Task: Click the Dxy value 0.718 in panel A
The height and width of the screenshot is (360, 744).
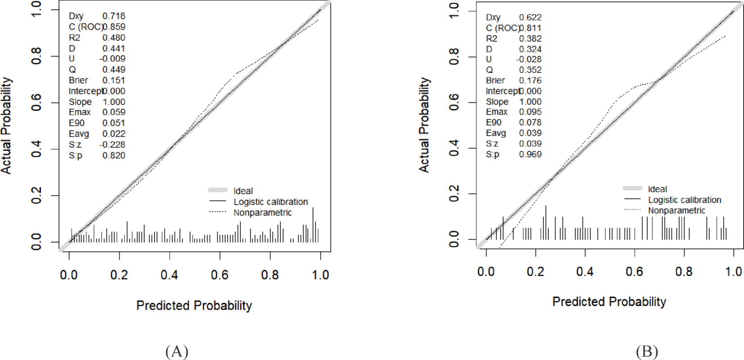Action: coord(114,16)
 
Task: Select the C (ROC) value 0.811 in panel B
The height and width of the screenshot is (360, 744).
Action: coord(530,28)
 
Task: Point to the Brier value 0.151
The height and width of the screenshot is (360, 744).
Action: coord(114,80)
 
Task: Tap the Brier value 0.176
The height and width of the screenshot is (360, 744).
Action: coord(530,80)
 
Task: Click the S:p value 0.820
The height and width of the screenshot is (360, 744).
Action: coord(114,156)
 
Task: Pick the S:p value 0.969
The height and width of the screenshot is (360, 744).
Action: coord(530,154)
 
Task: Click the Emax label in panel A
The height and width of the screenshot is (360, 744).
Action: coord(80,112)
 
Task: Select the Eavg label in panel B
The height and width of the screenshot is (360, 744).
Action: coord(496,133)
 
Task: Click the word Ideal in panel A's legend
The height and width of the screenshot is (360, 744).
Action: coord(243,191)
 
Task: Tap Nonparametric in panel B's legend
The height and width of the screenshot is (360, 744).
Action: coord(677,210)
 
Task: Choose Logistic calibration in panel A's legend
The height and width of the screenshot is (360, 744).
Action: coord(271,202)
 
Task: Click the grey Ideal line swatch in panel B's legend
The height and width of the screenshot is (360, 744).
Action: coord(632,188)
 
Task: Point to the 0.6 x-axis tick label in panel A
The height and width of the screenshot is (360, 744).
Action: coord(220,275)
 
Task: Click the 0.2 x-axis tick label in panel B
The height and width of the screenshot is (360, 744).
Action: coord(535,271)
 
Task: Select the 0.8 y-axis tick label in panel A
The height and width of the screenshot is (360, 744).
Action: coord(36,56)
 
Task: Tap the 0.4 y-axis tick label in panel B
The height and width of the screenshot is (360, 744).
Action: coord(454,148)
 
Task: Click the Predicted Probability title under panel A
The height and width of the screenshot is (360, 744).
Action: coord(194,306)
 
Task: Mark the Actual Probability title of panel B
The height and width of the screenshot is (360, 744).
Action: coord(424,125)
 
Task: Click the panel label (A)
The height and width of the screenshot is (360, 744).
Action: coord(177,351)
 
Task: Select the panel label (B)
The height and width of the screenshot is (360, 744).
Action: coord(647,351)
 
